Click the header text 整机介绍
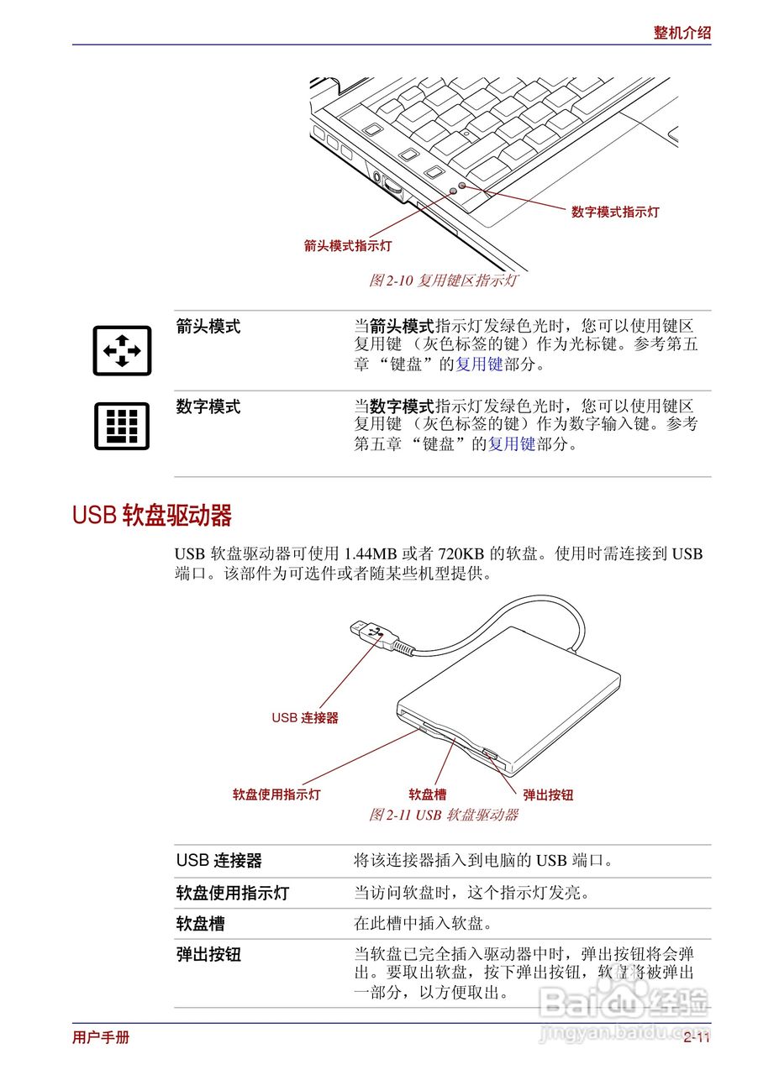pyautogui.click(x=682, y=33)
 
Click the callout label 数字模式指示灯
pyautogui.click(x=615, y=212)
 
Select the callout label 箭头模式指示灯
pyautogui.click(x=347, y=246)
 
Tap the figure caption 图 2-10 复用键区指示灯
pyautogui.click(x=443, y=281)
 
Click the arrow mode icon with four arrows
pyautogui.click(x=122, y=350)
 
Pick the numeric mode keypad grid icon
pyautogui.click(x=122, y=426)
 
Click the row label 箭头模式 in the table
pyautogui.click(x=208, y=328)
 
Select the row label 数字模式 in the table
pyautogui.click(x=208, y=407)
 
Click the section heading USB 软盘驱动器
pyautogui.click(x=151, y=515)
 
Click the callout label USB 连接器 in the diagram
pyautogui.click(x=305, y=718)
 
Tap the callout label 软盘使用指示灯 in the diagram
pyautogui.click(x=276, y=794)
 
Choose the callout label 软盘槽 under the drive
pyautogui.click(x=428, y=794)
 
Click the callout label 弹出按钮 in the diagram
pyautogui.click(x=548, y=794)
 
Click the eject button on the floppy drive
pyautogui.click(x=490, y=753)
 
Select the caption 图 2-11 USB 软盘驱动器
pyautogui.click(x=443, y=815)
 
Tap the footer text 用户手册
pyautogui.click(x=101, y=1037)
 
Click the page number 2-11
pyautogui.click(x=697, y=1038)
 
